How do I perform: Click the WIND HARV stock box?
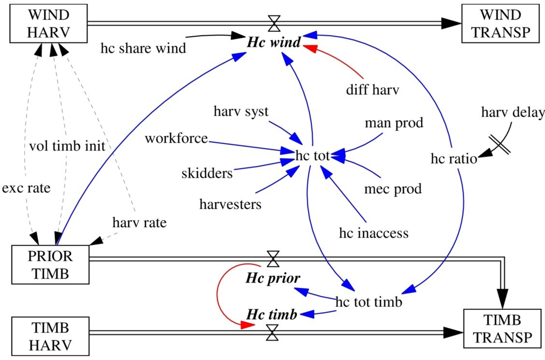point(48,23)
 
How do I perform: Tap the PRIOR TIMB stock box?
point(50,264)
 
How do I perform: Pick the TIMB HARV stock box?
point(50,336)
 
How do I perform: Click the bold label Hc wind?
point(274,42)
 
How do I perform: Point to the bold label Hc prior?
point(273,278)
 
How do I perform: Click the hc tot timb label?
point(368,301)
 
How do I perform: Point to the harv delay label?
point(513,112)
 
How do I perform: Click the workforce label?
point(176,138)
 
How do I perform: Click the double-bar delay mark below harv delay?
point(500,144)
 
